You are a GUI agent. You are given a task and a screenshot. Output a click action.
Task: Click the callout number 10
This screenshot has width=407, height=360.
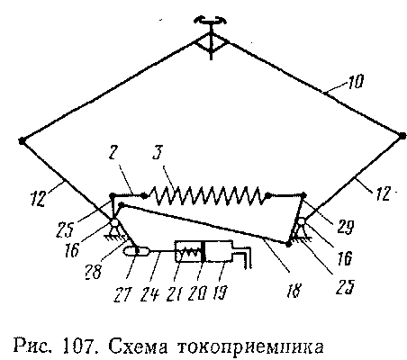click(356, 81)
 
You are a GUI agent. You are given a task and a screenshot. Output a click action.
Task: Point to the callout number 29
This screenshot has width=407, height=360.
click(346, 227)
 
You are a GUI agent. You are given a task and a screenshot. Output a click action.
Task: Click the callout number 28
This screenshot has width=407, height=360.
click(94, 272)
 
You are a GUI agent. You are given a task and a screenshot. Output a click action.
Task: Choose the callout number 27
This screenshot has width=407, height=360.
click(122, 294)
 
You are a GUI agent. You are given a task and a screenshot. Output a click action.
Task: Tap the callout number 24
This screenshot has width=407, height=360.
click(149, 294)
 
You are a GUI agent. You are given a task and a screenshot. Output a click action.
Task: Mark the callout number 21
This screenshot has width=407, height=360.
click(175, 293)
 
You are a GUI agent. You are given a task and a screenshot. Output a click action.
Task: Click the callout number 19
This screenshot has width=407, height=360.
click(222, 292)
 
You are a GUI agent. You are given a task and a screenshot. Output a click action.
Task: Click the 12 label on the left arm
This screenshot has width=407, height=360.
click(38, 198)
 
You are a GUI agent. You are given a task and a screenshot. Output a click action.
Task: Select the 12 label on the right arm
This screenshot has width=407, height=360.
click(383, 193)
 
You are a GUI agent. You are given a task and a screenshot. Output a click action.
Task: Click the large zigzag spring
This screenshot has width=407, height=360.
click(206, 195)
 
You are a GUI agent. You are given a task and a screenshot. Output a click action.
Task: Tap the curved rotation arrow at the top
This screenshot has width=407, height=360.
click(211, 21)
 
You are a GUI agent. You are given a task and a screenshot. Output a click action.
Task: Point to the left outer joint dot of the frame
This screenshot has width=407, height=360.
click(22, 140)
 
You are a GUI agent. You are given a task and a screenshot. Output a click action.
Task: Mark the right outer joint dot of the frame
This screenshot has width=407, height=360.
click(402, 135)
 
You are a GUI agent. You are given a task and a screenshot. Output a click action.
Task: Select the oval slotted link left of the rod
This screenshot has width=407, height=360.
click(136, 251)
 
